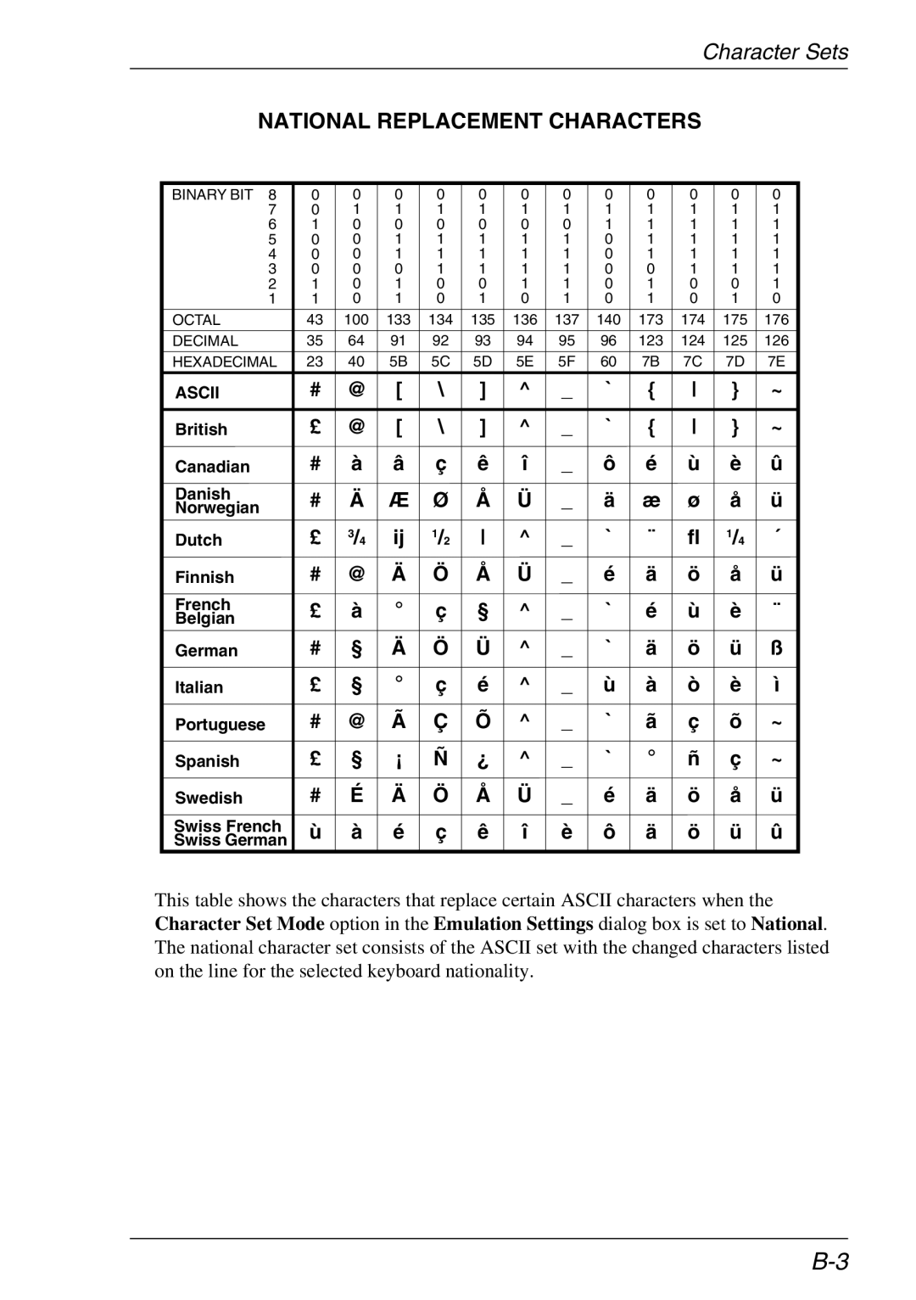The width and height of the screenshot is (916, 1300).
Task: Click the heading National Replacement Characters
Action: click(479, 121)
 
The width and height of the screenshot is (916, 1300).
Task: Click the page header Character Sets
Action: click(774, 53)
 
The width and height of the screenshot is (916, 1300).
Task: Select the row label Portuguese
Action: click(220, 725)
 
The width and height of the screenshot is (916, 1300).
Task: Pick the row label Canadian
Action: click(212, 467)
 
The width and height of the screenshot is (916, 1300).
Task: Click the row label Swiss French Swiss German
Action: click(230, 833)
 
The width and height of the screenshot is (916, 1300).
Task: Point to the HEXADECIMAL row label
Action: click(225, 361)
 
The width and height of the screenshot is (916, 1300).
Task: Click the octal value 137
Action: click(567, 320)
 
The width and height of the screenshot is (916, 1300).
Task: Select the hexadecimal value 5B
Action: click(399, 361)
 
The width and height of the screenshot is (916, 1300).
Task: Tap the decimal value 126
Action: click(776, 340)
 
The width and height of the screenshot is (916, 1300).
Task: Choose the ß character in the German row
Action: click(776, 649)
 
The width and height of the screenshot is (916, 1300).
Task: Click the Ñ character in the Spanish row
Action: click(440, 759)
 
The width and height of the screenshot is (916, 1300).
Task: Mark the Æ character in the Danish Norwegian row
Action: click(399, 501)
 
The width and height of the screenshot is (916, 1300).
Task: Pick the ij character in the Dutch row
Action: click(399, 538)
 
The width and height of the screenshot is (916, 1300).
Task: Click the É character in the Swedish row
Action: click(356, 795)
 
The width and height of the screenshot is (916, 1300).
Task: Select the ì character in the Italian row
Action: click(776, 686)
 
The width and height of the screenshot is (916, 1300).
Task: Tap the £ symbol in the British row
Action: click(315, 429)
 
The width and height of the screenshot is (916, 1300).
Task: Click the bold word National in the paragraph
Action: click(787, 923)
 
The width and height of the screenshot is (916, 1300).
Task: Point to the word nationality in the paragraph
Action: click(489, 971)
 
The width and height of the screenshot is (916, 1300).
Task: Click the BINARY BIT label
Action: click(212, 194)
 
